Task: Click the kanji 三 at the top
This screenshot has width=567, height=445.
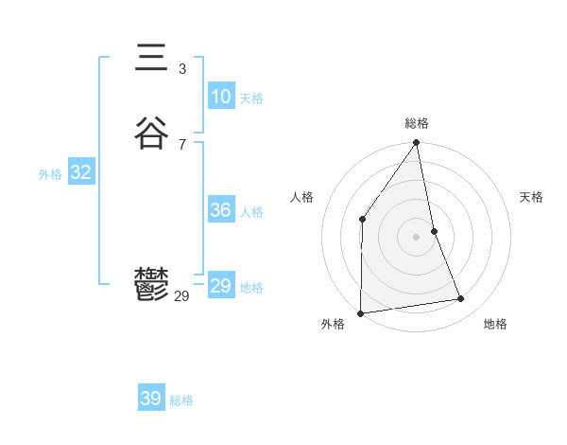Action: pos(151,59)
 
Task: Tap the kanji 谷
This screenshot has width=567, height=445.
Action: pos(151,133)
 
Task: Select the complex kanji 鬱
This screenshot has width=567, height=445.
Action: pos(151,284)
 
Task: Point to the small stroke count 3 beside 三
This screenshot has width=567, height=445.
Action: pos(181,69)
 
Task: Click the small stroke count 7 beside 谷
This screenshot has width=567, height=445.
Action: pos(181,144)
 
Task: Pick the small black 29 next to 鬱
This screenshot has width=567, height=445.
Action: pos(181,296)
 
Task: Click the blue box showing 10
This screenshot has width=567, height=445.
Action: pos(221,97)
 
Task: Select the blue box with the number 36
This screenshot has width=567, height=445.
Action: pos(221,210)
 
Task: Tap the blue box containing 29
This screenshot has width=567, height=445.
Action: pos(221,286)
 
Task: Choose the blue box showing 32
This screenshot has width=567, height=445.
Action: pos(80,172)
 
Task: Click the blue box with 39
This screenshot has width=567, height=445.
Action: pos(151,399)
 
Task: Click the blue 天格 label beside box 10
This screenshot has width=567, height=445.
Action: pos(251,98)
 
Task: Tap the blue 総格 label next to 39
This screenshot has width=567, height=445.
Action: pos(181,400)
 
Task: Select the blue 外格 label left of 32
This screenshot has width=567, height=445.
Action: pos(50,174)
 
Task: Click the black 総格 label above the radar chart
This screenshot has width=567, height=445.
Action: pos(417,123)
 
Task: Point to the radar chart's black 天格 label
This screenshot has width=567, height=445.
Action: pos(531,197)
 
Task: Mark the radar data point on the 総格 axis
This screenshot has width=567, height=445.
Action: pos(417,144)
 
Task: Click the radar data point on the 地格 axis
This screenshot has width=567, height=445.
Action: pos(461,299)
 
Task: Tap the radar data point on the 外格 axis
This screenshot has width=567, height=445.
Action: pos(361,312)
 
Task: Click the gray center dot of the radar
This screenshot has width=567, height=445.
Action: pos(417,236)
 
